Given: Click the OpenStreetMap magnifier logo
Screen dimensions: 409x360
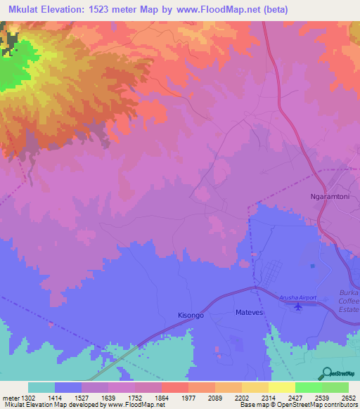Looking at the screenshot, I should (325, 372).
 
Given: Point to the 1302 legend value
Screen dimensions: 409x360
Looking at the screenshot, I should (30, 397).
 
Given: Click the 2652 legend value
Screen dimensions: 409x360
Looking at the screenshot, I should (349, 397).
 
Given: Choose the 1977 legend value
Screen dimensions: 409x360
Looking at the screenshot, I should (189, 397).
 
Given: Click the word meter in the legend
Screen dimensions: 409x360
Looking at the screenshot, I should (10, 397).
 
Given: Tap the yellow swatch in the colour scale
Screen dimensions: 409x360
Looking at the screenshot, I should (282, 387).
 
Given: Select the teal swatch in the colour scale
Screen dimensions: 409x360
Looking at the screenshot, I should (41, 387).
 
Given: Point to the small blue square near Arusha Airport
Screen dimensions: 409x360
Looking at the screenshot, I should (313, 266).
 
